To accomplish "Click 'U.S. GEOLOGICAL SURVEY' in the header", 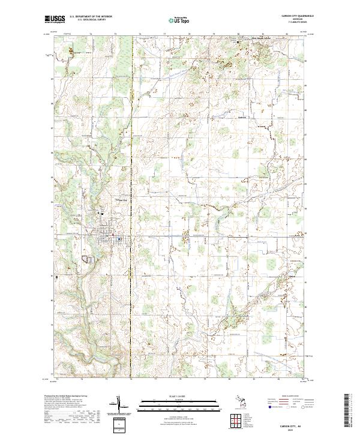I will click(91, 20).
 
